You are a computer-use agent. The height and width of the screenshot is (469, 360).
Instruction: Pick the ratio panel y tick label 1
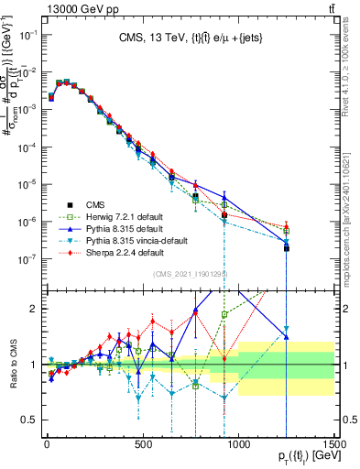pyautogui.click(x=32, y=365)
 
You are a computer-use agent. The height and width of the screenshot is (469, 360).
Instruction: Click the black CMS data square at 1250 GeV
pyautogui.click(x=287, y=248)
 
